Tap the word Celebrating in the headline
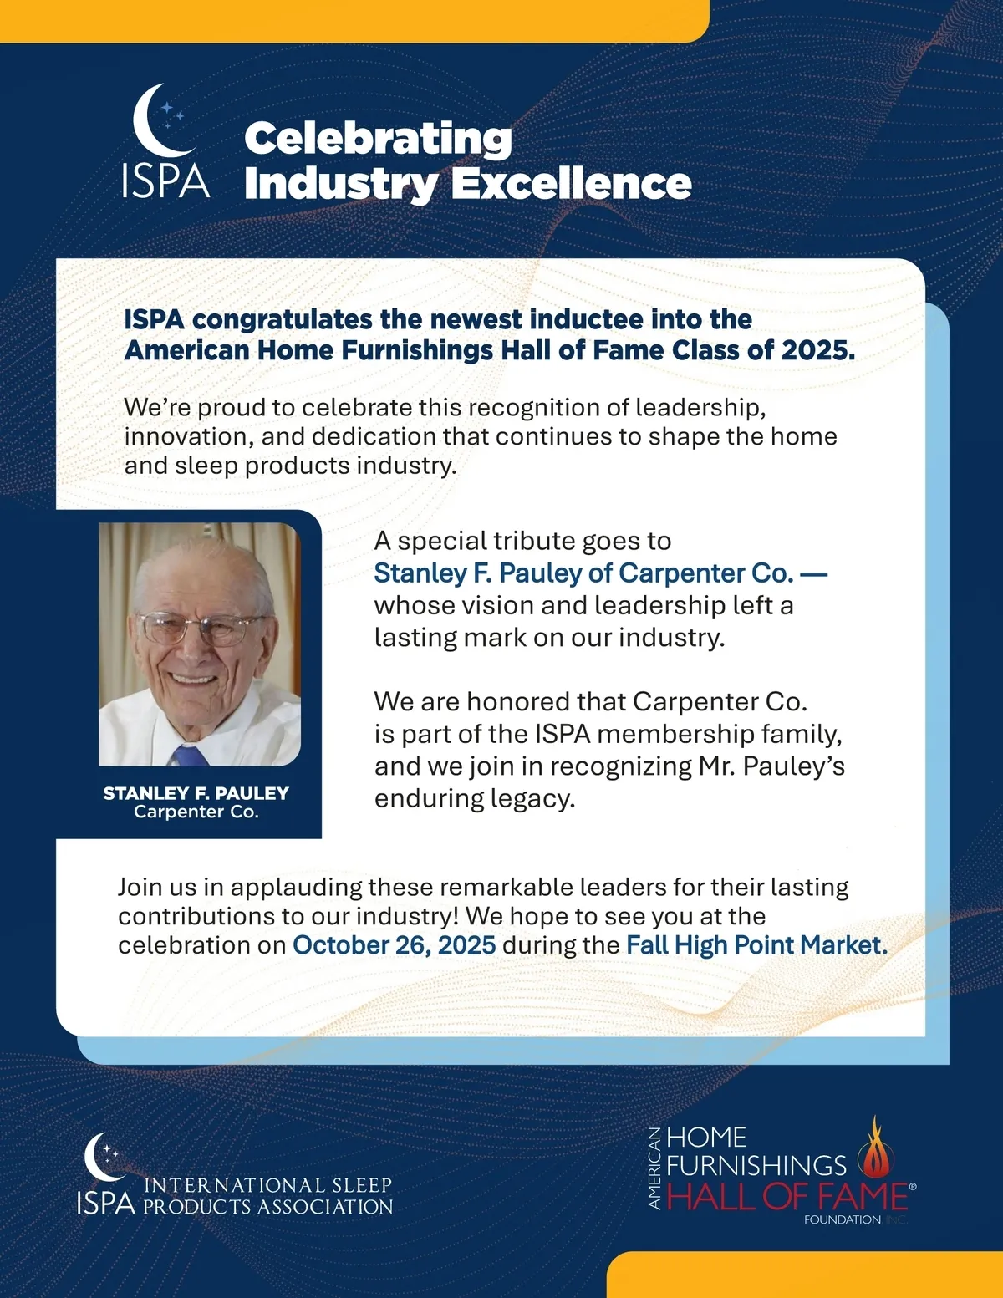(x=378, y=139)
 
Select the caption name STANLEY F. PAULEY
(x=196, y=793)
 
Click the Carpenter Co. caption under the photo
(x=196, y=812)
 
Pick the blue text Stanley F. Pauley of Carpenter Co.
(x=583, y=573)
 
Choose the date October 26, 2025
(x=394, y=945)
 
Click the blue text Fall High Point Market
(x=756, y=945)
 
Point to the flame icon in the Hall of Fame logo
(x=875, y=1148)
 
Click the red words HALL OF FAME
(x=787, y=1198)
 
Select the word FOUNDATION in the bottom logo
(x=842, y=1220)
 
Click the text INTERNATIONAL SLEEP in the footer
(x=267, y=1185)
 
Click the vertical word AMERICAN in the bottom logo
(x=655, y=1168)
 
